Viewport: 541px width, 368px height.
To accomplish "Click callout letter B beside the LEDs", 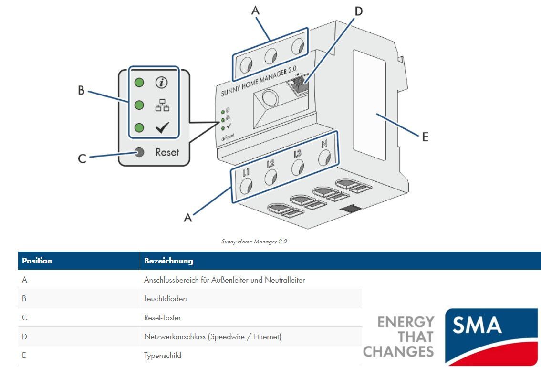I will point(81,90).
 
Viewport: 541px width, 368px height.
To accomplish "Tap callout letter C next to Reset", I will point(82,158).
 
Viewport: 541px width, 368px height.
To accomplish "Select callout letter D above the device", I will point(358,11).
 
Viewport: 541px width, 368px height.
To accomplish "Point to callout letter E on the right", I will point(425,137).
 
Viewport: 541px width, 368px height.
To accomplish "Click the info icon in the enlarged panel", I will point(162,83).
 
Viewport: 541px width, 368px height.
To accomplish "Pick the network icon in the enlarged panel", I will point(162,105).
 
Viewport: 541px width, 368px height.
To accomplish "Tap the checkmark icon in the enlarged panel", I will point(162,128).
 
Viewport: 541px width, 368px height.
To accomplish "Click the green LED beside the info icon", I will point(139,83).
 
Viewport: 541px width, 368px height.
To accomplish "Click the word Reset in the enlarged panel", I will point(167,152).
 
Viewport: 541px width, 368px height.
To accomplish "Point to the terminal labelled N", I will point(324,157).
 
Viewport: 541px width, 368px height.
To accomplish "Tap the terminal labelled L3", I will point(298,167).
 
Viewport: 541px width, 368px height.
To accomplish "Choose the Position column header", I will point(37,261).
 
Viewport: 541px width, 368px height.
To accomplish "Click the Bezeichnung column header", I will point(168,261).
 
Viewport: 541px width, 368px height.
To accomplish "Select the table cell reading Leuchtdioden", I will point(165,299).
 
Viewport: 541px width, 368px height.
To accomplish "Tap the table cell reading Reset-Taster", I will point(162,318).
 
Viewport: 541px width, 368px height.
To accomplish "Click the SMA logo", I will point(491,336).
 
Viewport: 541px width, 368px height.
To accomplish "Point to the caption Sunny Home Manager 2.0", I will point(254,242).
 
